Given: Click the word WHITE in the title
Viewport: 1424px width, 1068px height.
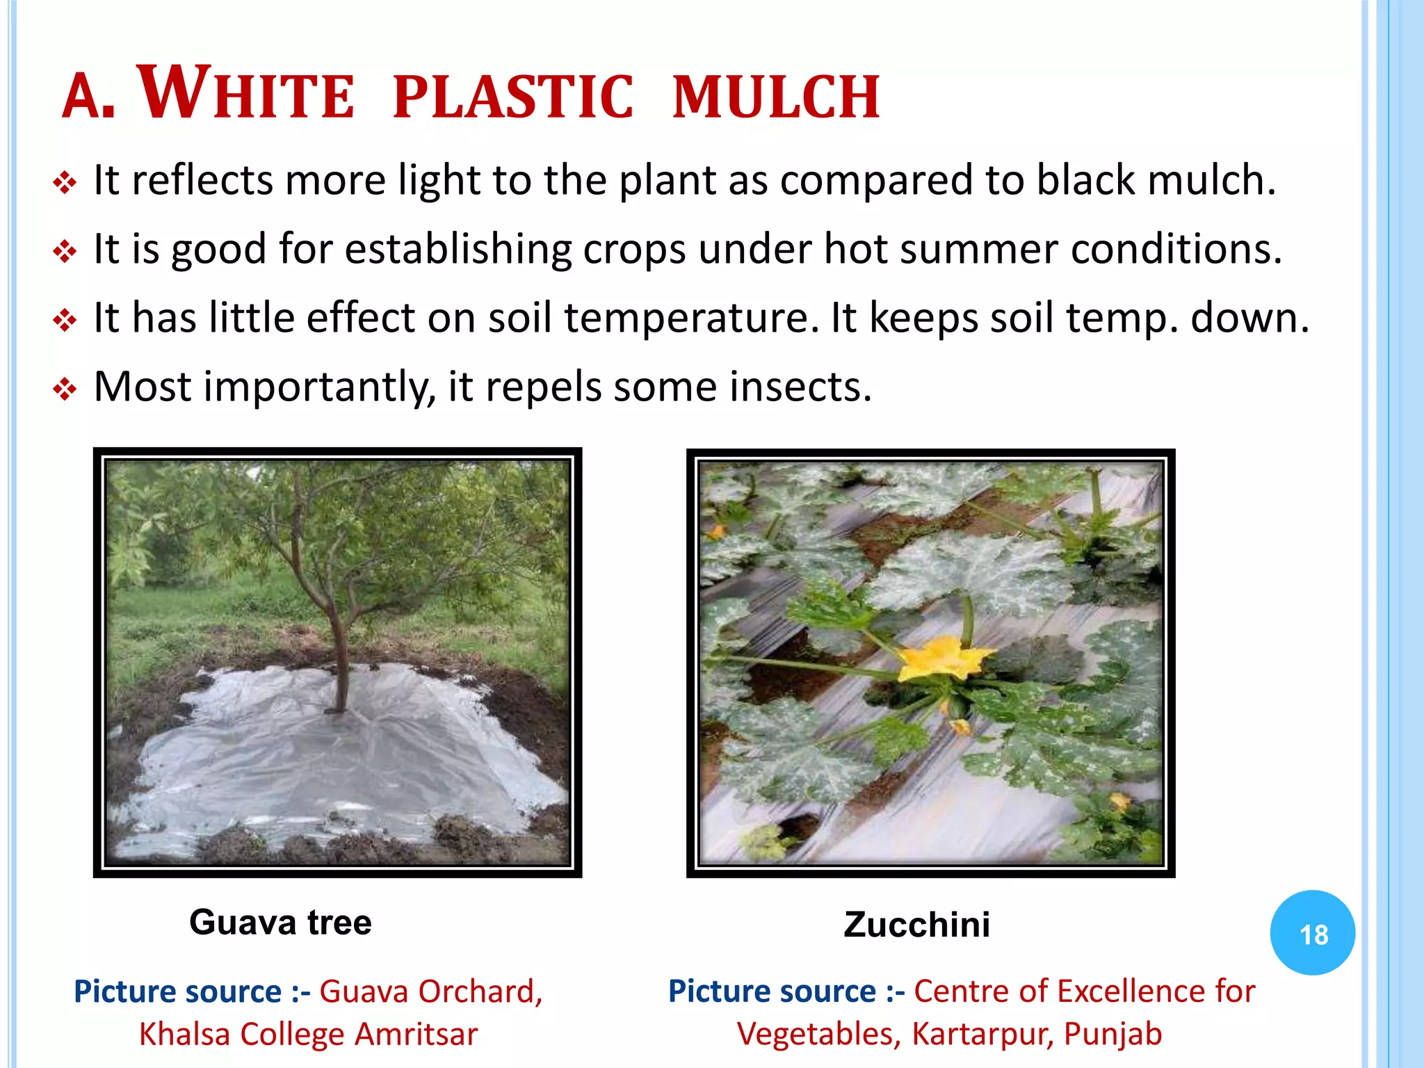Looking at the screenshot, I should (248, 95).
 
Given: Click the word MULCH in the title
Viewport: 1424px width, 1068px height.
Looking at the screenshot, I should (777, 97).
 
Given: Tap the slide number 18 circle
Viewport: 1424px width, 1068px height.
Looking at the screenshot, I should (1313, 933).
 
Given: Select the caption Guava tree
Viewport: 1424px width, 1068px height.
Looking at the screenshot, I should (280, 923).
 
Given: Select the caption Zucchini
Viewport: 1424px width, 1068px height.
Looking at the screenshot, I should (916, 925).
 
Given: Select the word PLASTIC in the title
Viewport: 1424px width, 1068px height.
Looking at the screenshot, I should (513, 97).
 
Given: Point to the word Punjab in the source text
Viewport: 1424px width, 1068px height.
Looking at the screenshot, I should (1112, 1034).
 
